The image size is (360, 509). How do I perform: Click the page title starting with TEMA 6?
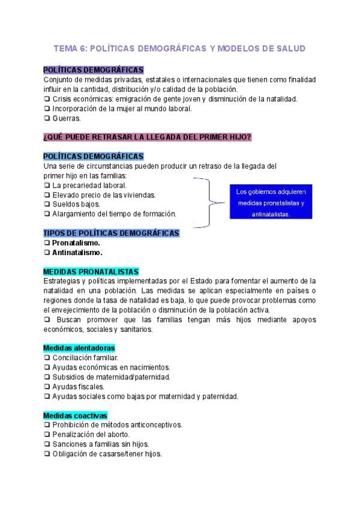(180, 48)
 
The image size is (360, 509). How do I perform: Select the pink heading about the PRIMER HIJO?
(148, 137)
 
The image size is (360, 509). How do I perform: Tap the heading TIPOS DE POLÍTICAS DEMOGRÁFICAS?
(111, 233)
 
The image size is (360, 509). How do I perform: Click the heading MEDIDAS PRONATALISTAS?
(91, 271)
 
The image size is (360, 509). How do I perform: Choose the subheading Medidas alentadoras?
(79, 348)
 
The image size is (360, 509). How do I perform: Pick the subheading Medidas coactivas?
(75, 415)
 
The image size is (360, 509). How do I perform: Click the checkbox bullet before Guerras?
(47, 118)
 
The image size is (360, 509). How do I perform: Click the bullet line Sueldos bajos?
(76, 204)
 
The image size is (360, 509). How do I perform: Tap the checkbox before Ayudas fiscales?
(47, 387)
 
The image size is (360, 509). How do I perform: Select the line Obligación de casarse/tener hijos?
(107, 454)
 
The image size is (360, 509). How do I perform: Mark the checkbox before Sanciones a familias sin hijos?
(47, 444)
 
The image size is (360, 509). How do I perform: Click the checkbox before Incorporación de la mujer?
(47, 109)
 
